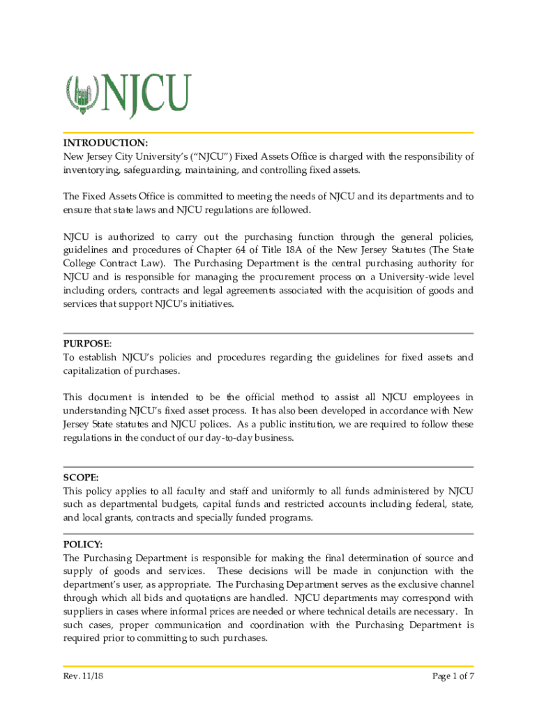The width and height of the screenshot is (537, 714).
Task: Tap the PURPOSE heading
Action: [86, 344]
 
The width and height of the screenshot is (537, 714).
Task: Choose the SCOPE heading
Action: [80, 478]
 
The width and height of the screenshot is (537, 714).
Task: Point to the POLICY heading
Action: [82, 544]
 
